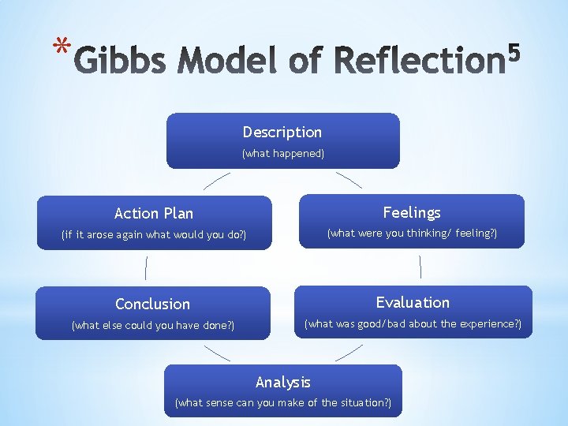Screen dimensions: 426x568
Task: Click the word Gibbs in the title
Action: (x=122, y=60)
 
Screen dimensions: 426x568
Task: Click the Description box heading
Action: (x=282, y=133)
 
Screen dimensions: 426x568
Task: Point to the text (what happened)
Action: (x=282, y=154)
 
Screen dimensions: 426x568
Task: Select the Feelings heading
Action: (x=412, y=212)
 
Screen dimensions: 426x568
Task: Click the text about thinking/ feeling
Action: (x=412, y=234)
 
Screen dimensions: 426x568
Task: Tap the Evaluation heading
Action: (x=413, y=302)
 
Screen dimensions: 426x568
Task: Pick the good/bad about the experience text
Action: (x=413, y=324)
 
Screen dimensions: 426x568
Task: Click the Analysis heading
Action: (x=283, y=383)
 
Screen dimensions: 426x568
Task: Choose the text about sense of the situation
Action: (x=283, y=403)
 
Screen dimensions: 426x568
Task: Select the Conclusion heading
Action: (x=152, y=304)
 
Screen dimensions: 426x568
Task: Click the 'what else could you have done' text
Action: (x=152, y=325)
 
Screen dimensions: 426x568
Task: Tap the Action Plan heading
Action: (x=153, y=213)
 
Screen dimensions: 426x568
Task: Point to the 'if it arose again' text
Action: (x=153, y=235)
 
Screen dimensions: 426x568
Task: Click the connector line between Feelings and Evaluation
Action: (x=420, y=267)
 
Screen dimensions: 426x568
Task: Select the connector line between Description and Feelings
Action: (x=349, y=180)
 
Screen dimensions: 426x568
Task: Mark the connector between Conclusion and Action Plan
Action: (x=147, y=268)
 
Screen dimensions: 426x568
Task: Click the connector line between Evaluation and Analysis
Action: (x=349, y=353)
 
